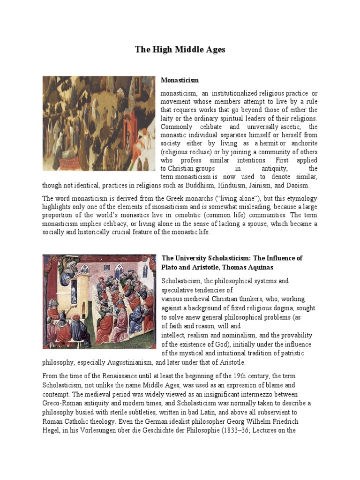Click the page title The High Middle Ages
(180, 49)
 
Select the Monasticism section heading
(180, 81)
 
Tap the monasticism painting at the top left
(98, 123)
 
